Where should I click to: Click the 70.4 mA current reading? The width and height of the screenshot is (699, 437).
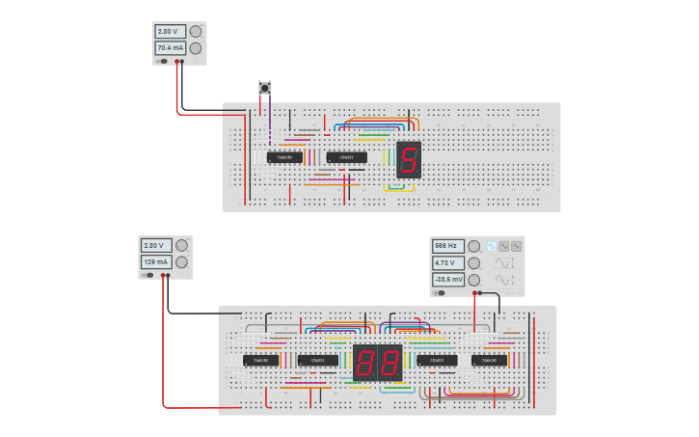(x=170, y=48)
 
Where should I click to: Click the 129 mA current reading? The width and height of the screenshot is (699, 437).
(x=156, y=262)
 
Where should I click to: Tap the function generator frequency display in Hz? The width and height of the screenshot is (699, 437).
(x=447, y=246)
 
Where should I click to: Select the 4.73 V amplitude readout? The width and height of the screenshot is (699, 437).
(x=447, y=262)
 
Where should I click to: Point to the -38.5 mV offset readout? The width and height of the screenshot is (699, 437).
(x=447, y=279)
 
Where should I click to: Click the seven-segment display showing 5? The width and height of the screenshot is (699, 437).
(x=409, y=160)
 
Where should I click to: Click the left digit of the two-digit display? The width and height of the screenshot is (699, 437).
(x=366, y=363)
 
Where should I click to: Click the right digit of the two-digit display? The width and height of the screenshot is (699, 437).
(x=389, y=363)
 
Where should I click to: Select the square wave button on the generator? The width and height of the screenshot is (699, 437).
(x=503, y=246)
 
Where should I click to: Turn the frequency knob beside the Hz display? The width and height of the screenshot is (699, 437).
(x=473, y=246)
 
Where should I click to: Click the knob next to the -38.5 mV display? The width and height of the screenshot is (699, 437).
(x=473, y=279)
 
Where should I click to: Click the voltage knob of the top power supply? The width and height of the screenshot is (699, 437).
(x=196, y=31)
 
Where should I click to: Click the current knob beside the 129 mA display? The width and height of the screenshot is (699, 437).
(x=182, y=262)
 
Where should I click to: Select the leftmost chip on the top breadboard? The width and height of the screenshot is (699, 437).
(x=284, y=157)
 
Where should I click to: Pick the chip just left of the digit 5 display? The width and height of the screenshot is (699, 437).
(x=346, y=157)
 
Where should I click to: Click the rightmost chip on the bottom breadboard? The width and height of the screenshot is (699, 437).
(x=489, y=361)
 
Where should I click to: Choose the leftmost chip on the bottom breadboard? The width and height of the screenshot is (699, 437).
(x=260, y=361)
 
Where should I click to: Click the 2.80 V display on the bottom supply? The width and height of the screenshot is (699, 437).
(x=156, y=245)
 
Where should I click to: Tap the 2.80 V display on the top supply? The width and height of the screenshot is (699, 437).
(x=170, y=31)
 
